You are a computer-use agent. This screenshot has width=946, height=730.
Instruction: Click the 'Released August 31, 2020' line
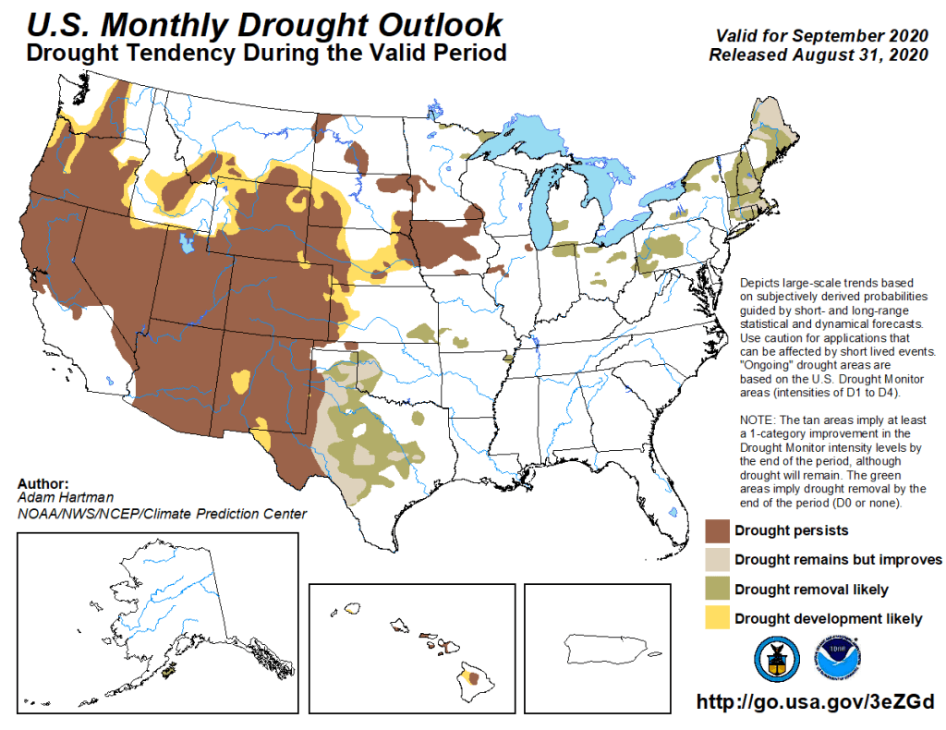(817, 55)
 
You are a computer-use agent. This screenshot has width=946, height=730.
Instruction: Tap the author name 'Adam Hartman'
(56, 496)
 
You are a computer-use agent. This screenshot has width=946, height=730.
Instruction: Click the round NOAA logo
(835, 658)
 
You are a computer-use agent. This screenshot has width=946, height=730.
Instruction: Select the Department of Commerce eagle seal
(776, 658)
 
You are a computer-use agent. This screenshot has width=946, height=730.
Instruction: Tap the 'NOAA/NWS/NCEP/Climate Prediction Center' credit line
(162, 514)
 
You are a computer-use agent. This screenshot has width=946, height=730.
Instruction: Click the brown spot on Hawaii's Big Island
(474, 678)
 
